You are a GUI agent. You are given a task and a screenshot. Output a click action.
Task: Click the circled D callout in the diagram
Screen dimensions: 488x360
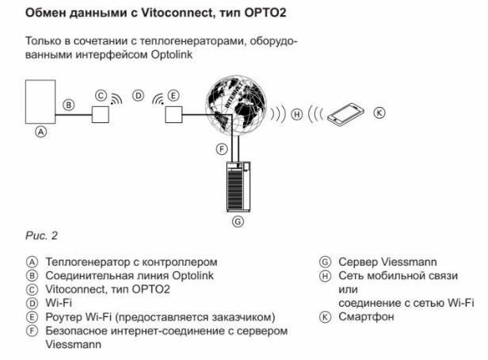(x=138, y=96)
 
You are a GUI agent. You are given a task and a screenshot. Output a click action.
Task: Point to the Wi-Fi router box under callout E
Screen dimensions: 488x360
(x=173, y=113)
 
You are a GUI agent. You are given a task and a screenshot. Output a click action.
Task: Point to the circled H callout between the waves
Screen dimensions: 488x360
(x=297, y=113)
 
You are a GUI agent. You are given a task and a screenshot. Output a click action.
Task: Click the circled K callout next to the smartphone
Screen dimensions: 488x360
(x=378, y=113)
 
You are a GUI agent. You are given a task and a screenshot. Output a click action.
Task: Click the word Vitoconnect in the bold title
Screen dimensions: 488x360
(x=160, y=13)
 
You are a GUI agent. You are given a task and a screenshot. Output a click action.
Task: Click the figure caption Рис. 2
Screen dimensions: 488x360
(x=42, y=236)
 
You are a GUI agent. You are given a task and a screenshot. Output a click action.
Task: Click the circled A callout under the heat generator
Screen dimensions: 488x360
(x=42, y=132)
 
